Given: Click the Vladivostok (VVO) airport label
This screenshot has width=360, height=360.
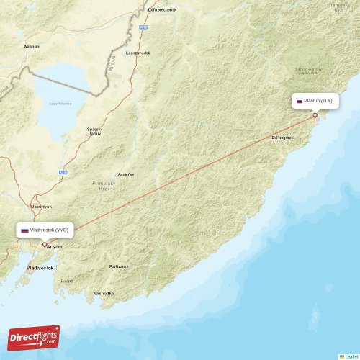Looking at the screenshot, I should [x=49, y=230].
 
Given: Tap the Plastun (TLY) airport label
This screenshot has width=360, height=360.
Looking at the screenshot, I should [x=318, y=102].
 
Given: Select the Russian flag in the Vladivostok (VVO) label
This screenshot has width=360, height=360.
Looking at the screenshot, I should [x=24, y=230].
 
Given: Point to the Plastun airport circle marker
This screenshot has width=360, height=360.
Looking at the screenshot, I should [x=315, y=115].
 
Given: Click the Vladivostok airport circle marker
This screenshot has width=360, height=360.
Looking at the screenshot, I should [x=45, y=245].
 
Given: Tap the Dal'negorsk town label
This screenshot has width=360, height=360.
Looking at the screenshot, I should [x=282, y=137].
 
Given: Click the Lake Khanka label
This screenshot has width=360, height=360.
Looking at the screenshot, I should [x=60, y=104].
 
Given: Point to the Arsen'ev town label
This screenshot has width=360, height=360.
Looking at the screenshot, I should [x=126, y=174].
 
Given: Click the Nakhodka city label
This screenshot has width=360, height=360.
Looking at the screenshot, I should [x=104, y=293].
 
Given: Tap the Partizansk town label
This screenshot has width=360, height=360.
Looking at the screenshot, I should [x=119, y=266].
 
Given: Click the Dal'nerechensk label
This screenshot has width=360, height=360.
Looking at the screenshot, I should [x=162, y=9].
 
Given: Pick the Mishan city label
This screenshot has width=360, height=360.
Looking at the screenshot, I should [x=32, y=45].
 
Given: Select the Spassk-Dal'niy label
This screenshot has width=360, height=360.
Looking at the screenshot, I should [x=94, y=131].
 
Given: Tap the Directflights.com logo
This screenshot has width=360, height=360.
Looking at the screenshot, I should [x=34, y=337].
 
